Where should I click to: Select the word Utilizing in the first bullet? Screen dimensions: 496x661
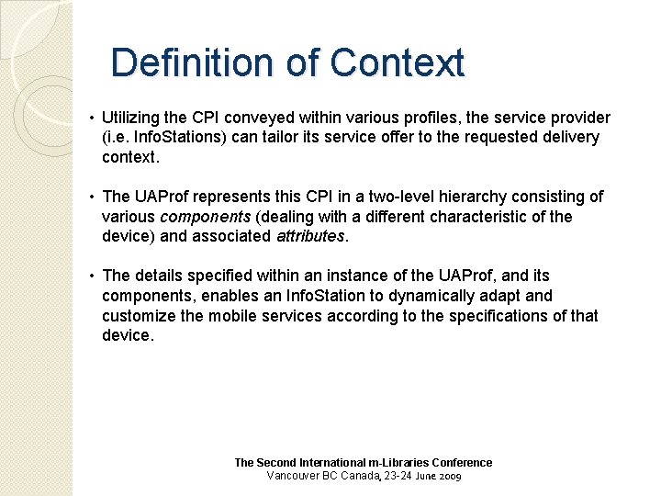tap(131, 118)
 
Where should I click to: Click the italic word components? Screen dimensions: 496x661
tap(206, 217)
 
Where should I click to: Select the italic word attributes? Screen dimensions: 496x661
tap(310, 236)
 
